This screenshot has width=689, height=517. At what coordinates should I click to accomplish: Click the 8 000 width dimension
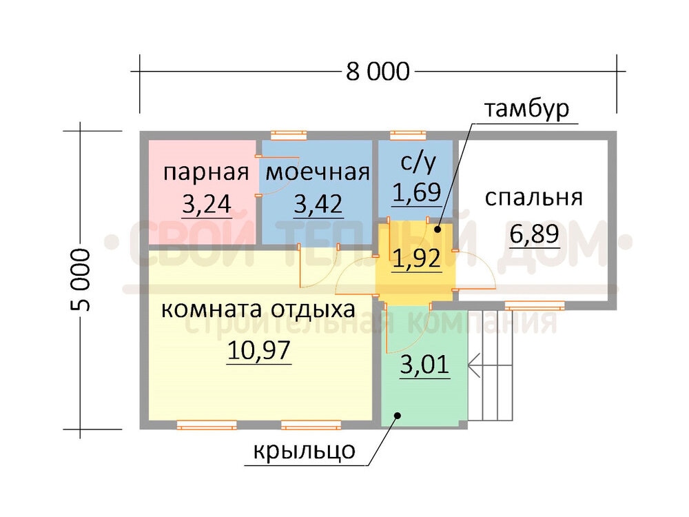tap(378, 71)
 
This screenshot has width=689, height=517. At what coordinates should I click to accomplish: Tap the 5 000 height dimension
tap(80, 280)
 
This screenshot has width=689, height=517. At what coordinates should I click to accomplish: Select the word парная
tap(206, 173)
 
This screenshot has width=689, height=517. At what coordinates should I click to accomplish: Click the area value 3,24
tap(207, 203)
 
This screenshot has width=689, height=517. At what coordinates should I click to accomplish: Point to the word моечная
tap(318, 172)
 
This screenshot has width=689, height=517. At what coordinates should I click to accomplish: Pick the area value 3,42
tap(318, 204)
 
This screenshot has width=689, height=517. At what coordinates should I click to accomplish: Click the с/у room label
tap(418, 162)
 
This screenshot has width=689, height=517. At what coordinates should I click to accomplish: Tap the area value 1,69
tap(417, 192)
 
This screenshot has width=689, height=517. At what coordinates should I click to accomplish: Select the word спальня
tap(533, 199)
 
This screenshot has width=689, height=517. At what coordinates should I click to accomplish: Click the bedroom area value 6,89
tap(535, 234)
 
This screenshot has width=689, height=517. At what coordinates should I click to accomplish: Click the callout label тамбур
tap(526, 109)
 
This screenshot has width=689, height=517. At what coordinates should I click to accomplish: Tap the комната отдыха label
tap(258, 309)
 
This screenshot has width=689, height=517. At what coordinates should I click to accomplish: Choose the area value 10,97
tap(259, 350)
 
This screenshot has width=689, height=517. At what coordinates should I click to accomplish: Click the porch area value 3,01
tap(425, 365)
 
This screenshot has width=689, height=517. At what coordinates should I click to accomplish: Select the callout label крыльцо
tap(304, 451)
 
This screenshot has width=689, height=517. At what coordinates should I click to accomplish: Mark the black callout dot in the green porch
tap(398, 415)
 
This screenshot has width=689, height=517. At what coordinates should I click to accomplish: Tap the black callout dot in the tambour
tap(438, 229)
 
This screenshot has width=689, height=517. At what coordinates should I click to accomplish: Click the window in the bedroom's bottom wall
tap(535, 305)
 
